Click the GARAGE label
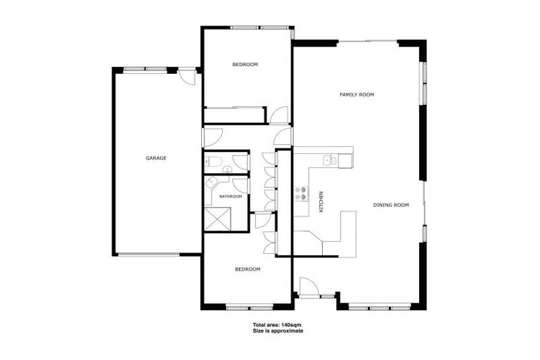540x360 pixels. [x=156, y=158]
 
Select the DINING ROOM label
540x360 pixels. [x=391, y=205]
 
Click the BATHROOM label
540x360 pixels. [x=230, y=196]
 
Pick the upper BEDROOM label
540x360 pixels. [x=245, y=65]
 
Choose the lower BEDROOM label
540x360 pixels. [x=247, y=269]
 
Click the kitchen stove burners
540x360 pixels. [x=302, y=193]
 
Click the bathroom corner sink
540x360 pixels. [x=211, y=183]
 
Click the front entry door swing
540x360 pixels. [x=308, y=287]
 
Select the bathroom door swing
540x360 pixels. [x=241, y=186]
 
